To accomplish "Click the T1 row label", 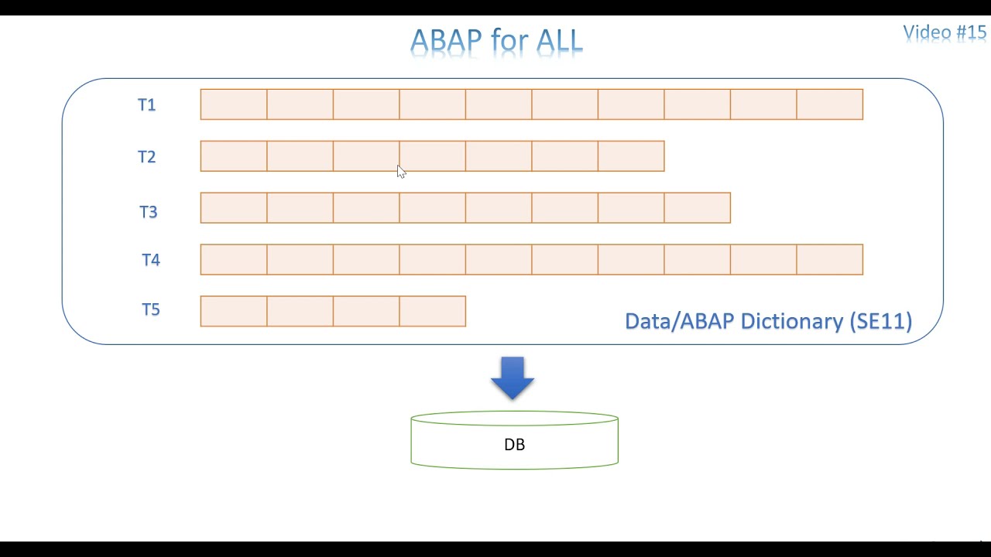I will click(x=146, y=105).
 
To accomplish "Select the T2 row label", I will click(x=146, y=157).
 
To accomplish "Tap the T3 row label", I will click(x=148, y=212).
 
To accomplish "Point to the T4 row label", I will click(x=150, y=260).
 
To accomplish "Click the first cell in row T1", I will click(x=234, y=104).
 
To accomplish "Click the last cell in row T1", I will click(x=829, y=104).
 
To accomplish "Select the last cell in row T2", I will click(x=631, y=156).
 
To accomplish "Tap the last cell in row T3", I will click(x=697, y=208).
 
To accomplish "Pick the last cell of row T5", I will click(x=432, y=311).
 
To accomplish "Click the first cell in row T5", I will click(x=234, y=311).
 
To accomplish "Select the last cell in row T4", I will click(x=829, y=259).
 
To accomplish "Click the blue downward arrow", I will click(x=513, y=378).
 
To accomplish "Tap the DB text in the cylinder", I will click(x=514, y=445).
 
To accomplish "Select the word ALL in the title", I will click(x=555, y=41).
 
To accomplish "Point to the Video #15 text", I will click(x=945, y=32).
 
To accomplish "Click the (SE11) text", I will click(x=880, y=321).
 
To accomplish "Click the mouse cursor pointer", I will click(x=400, y=172).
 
